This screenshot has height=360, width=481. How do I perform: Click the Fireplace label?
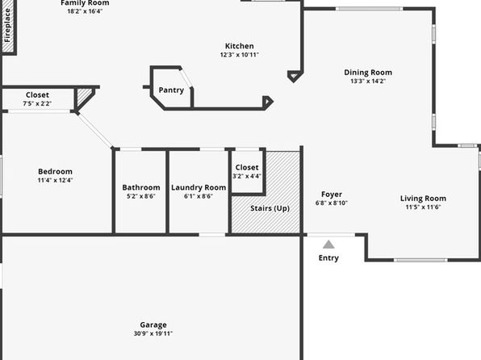[7, 26]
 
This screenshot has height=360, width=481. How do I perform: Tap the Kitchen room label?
[239, 46]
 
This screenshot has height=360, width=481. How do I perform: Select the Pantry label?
[171, 90]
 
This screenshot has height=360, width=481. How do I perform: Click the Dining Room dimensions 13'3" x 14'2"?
[368, 82]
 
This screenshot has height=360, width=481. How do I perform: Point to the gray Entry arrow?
[328, 245]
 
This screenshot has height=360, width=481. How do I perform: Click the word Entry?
[328, 257]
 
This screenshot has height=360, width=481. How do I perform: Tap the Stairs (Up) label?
[270, 208]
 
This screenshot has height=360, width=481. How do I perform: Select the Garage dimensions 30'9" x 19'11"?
[153, 333]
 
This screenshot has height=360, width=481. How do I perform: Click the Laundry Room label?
[199, 187]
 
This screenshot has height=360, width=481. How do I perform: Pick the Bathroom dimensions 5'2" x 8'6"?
[141, 196]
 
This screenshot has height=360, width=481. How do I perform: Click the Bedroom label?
[55, 172]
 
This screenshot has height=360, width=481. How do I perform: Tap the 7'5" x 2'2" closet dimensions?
[37, 104]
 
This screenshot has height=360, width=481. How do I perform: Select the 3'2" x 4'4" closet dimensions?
[247, 176]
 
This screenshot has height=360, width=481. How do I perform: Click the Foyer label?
[332, 195]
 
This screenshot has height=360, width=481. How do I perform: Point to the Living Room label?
[424, 199]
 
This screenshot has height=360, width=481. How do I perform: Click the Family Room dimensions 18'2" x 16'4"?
[85, 11]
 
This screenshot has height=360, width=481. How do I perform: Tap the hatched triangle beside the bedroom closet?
[84, 96]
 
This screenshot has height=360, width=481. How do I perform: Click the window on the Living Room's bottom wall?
[420, 260]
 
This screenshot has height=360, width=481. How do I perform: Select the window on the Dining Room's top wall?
[369, 9]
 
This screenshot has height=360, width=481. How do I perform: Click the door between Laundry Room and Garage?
[212, 235]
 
